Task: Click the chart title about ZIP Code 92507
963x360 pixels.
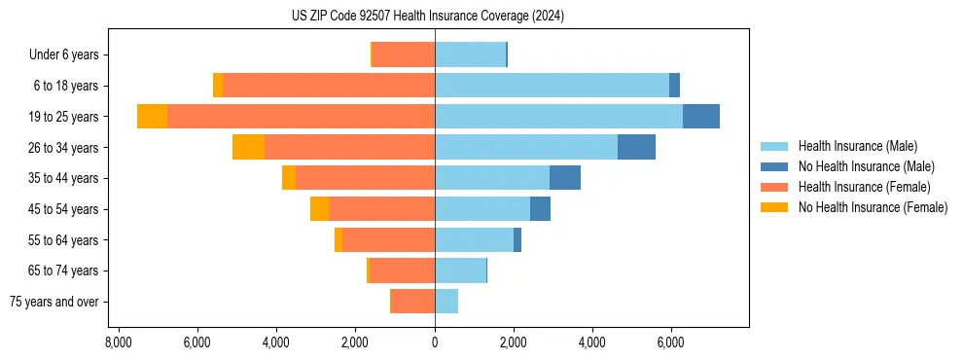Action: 427,17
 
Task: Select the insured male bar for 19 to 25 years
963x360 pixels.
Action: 558,117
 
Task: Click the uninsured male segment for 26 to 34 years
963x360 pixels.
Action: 636,147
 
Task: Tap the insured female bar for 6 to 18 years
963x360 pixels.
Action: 328,86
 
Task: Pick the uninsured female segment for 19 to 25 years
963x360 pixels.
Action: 152,117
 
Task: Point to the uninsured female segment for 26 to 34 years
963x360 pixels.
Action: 248,147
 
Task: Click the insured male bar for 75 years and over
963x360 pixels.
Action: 446,302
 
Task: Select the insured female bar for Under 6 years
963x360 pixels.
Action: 403,54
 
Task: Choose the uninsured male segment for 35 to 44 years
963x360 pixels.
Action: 565,178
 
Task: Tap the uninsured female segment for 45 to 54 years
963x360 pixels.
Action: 319,209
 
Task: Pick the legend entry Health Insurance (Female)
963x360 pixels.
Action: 864,187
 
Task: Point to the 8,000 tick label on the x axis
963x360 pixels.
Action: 118,342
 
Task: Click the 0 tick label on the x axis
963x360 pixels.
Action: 435,342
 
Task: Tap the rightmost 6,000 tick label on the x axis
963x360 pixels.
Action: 671,342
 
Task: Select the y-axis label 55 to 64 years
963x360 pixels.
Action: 64,240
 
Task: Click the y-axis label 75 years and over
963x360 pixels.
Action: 54,302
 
